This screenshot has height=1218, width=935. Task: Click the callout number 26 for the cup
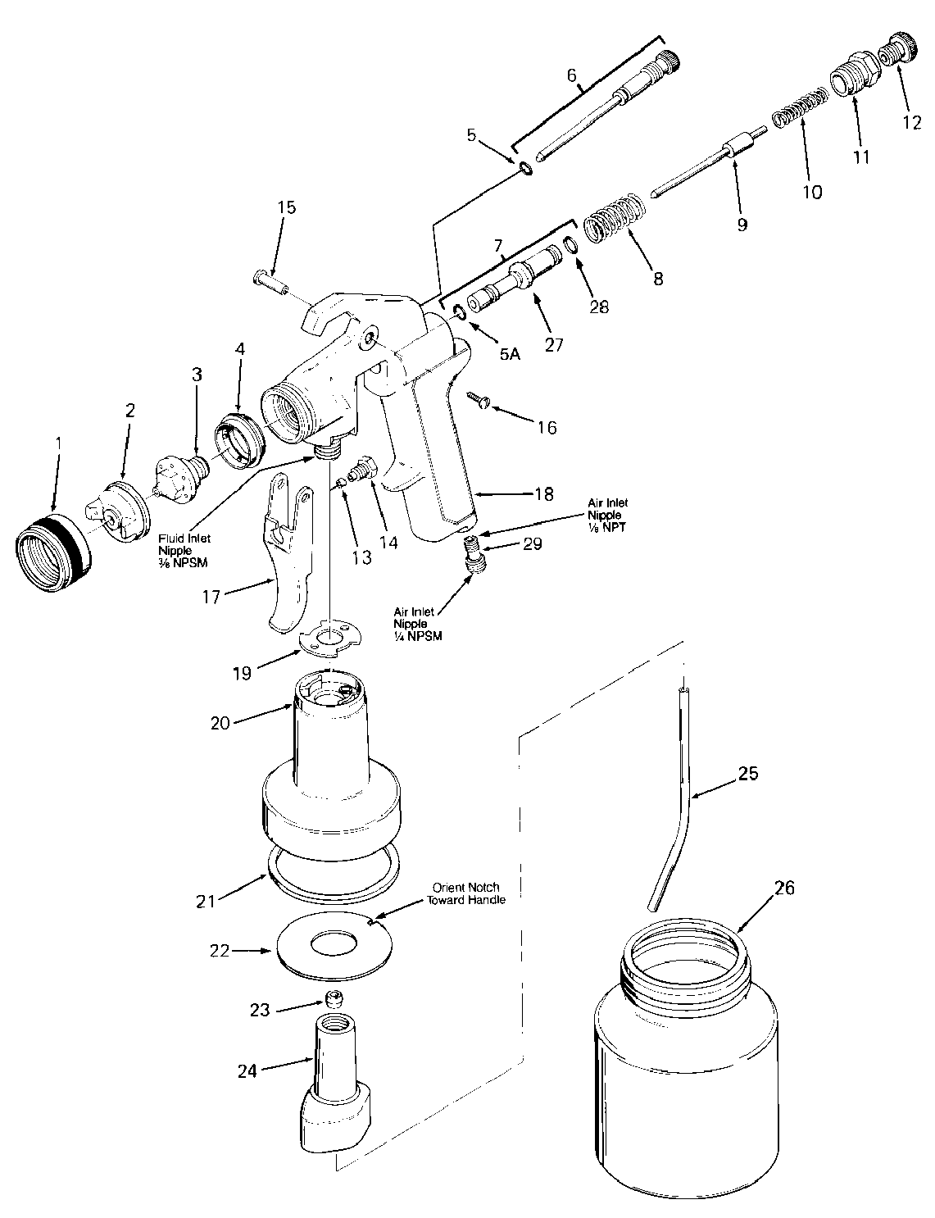click(x=783, y=888)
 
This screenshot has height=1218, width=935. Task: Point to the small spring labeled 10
click(x=800, y=107)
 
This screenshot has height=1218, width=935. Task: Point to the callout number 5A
click(x=510, y=354)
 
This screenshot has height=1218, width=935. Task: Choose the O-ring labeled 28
click(x=570, y=245)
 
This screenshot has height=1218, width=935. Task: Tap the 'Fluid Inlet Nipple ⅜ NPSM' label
click(x=184, y=551)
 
